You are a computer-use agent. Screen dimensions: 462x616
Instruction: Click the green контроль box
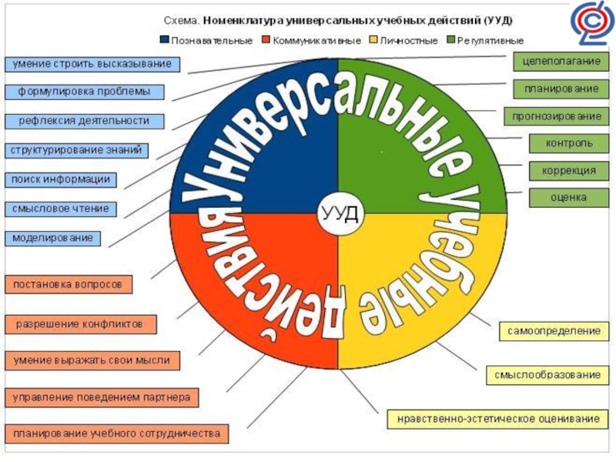coord(568,143)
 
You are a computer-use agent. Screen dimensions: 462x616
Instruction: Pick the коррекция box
coord(568,170)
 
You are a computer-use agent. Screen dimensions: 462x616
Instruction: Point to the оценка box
coord(568,197)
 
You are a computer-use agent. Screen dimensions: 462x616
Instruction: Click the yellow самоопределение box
coord(553,330)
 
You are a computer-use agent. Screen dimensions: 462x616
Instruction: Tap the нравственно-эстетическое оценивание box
coord(498,420)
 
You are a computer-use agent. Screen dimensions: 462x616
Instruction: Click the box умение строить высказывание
coord(91,63)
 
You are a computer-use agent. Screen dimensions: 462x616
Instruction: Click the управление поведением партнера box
coord(102,397)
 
